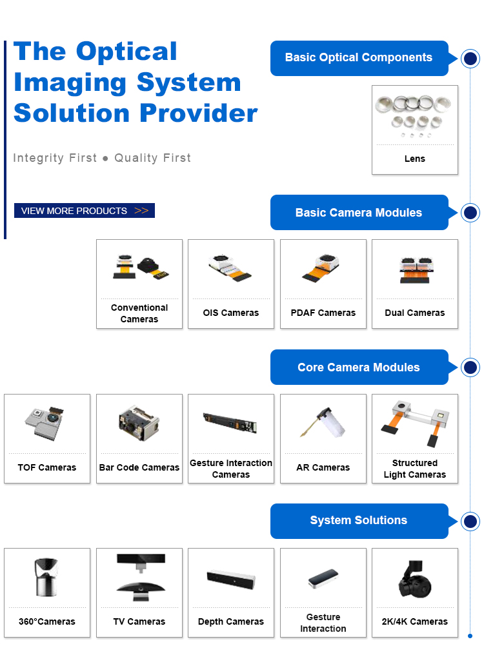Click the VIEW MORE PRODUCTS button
pos(85,211)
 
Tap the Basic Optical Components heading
pos(359,57)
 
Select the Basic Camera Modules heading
pos(359,213)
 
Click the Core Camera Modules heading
pos(359,367)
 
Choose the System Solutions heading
pos(359,521)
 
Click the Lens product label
pos(415,159)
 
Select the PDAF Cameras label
pos(323,313)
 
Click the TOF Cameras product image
pos(46,424)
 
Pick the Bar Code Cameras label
pos(139,467)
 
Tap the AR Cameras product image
pos(323,424)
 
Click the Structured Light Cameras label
pos(415,469)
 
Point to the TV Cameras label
pos(139,621)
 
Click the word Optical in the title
pos(126,52)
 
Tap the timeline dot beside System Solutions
pos(470,522)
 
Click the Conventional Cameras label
pos(139,313)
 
